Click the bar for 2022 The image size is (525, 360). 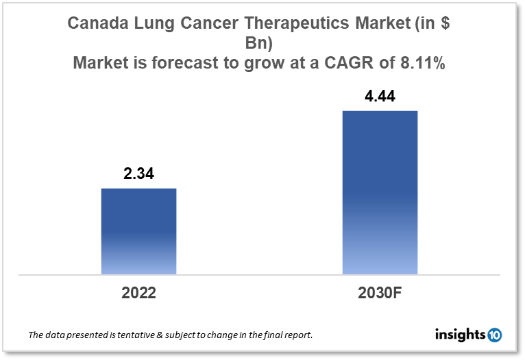(x=138, y=231)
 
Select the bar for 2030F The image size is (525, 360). (x=379, y=192)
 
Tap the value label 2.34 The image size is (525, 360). (x=138, y=174)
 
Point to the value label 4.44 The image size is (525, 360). (x=379, y=97)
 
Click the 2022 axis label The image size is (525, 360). (x=138, y=293)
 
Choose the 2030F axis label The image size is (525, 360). (x=379, y=293)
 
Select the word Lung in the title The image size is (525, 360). (x=154, y=24)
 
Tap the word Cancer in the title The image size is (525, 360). (x=206, y=24)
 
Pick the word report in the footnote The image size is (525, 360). (x=297, y=335)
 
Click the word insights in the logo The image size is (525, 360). (x=460, y=335)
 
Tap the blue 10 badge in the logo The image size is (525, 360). (x=494, y=335)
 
